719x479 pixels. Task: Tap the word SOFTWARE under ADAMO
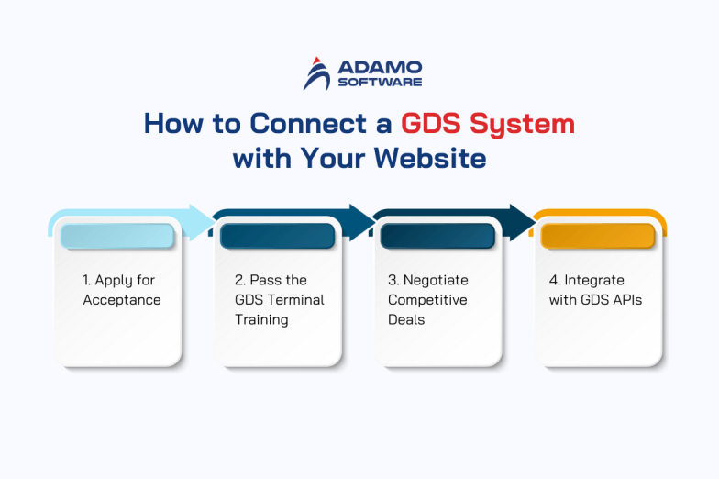point(380,82)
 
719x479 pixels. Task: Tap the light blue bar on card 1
point(116,237)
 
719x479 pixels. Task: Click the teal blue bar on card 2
point(276,237)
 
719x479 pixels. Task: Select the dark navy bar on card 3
point(437,237)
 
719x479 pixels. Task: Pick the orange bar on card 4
point(597,237)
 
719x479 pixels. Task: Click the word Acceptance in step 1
point(121,300)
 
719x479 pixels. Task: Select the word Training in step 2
point(261,320)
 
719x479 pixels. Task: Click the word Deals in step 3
point(407,320)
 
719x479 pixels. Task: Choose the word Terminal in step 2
point(294,300)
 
